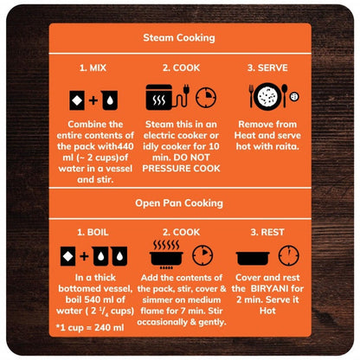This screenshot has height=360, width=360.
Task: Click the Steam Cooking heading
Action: point(179,38)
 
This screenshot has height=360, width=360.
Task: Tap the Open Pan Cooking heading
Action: point(179,203)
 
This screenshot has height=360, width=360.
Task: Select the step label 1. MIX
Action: point(93,67)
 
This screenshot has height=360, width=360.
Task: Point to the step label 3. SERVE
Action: point(267,67)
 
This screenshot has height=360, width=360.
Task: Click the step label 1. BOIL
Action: point(93,232)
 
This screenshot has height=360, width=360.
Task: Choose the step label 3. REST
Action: point(267,232)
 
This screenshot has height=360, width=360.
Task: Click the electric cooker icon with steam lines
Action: point(159,97)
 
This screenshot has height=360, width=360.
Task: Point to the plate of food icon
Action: point(267,97)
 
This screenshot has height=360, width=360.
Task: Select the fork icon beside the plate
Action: point(251,96)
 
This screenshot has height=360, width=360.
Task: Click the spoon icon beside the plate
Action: point(285,96)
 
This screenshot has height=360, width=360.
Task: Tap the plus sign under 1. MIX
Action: point(93,100)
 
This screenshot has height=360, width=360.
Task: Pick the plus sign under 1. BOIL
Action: point(84,256)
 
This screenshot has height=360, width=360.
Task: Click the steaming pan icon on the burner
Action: point(166,254)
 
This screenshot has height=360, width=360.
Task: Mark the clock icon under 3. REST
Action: point(289,255)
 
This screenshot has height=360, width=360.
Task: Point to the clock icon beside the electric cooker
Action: point(206,97)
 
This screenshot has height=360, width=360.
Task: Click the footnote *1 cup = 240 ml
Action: point(90,327)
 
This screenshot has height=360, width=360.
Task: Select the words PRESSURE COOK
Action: point(181,169)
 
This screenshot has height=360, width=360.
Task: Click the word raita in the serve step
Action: point(287,146)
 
